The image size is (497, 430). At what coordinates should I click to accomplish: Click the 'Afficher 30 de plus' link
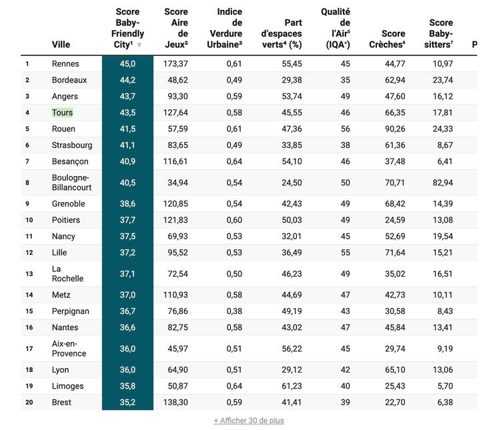pos(248,421)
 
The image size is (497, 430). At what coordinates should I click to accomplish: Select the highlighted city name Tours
pos(63,113)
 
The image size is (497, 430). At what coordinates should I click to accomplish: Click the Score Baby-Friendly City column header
pos(127,28)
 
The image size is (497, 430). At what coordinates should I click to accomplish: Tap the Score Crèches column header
pos(387,39)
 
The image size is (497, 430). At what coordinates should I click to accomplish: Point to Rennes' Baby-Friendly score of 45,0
pos(127,64)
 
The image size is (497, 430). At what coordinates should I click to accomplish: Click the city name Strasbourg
pos(72,145)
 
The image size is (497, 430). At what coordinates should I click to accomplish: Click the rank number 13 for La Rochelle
pos(29,274)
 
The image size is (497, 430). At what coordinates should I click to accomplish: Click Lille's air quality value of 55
pos(345,253)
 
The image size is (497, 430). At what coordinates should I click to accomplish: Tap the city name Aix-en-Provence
pos(69,349)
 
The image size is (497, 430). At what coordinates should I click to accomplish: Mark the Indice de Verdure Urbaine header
pos(229,28)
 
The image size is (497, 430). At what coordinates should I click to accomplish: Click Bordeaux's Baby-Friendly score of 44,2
pos(127,80)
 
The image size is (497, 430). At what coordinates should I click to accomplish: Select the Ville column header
pos(61,45)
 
